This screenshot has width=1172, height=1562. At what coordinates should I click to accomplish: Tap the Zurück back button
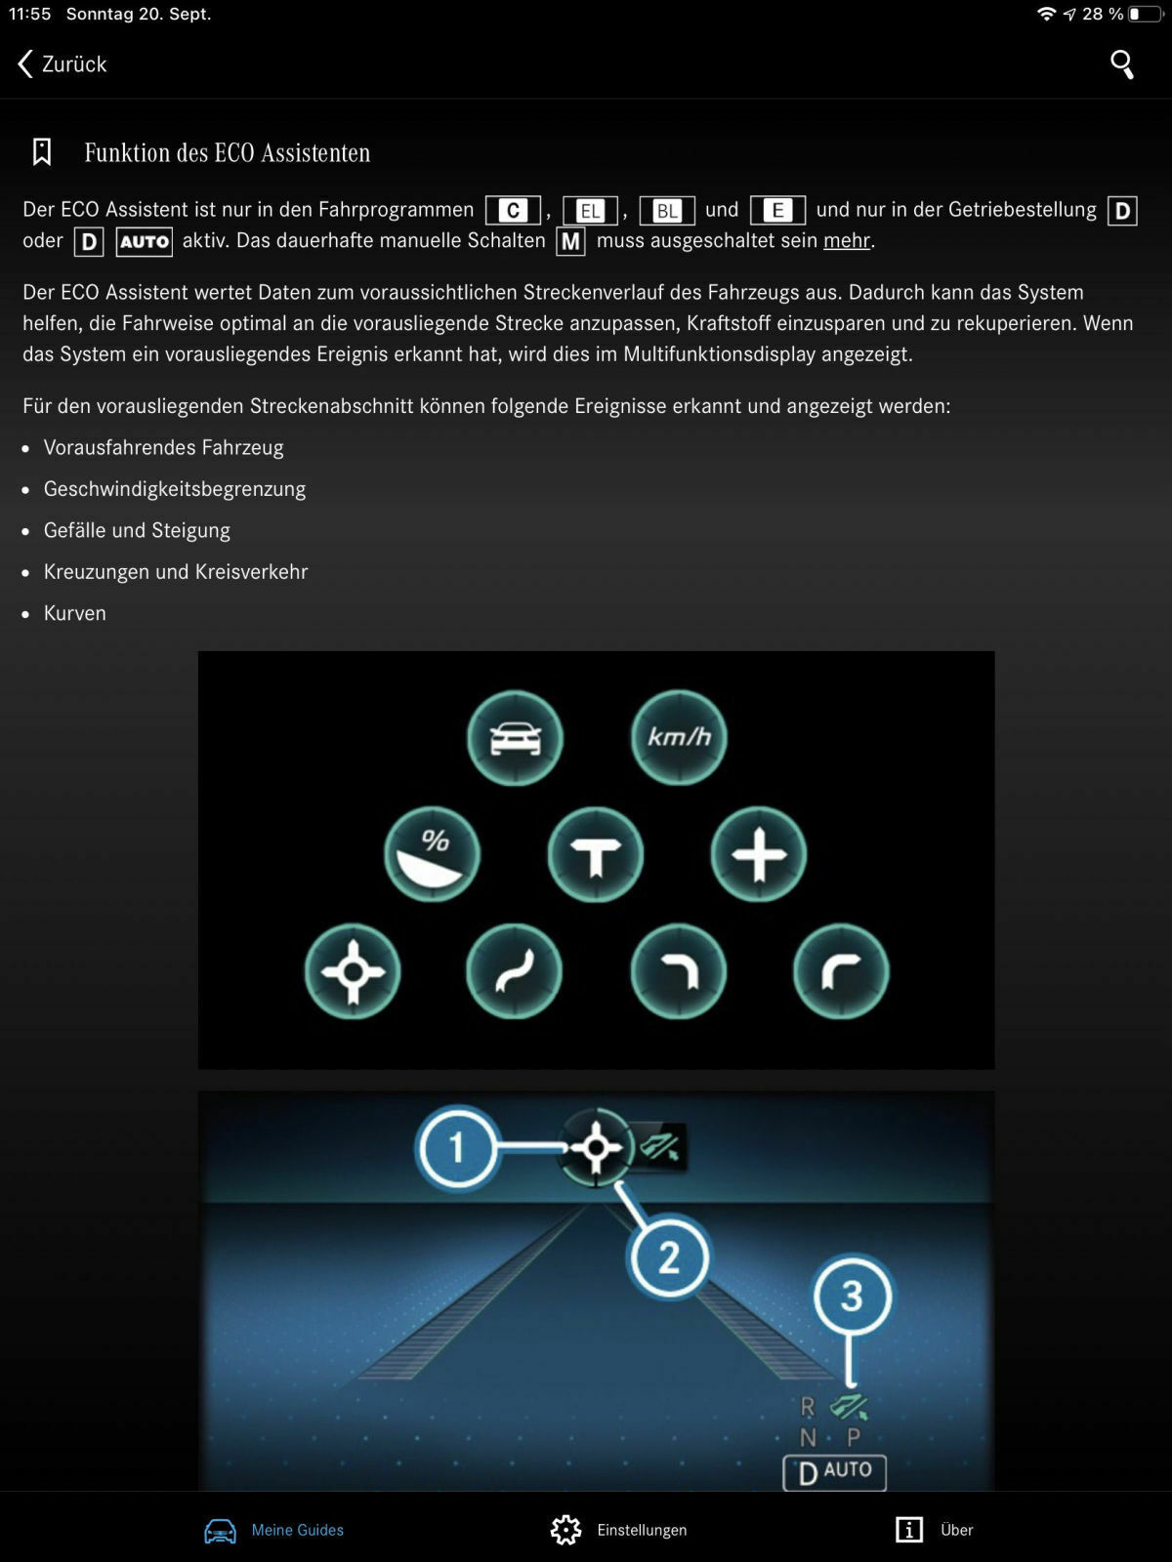63,64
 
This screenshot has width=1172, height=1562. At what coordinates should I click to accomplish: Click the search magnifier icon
1122,64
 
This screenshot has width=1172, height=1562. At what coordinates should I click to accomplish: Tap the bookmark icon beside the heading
42,152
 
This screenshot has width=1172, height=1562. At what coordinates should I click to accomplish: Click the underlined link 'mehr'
846,241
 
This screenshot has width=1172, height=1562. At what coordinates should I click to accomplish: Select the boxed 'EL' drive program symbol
591,211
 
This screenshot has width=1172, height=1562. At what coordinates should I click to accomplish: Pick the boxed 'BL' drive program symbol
667,211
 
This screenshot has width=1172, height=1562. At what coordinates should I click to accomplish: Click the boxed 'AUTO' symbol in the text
145,242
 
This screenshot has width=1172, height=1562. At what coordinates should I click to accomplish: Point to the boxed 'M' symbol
570,241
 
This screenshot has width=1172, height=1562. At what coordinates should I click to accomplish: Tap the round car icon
515,738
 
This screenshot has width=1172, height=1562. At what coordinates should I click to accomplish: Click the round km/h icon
679,738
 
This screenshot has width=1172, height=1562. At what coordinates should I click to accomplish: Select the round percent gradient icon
433,854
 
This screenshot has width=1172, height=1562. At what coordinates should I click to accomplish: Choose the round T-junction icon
596,855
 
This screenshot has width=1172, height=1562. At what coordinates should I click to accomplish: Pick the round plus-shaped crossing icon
759,855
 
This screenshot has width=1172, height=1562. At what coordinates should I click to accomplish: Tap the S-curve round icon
514,972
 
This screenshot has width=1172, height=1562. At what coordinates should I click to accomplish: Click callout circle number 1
456,1147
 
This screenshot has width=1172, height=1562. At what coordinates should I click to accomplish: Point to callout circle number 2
669,1257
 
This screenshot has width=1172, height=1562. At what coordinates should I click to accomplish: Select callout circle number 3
852,1296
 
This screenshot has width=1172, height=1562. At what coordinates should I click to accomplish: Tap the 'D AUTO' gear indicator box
834,1472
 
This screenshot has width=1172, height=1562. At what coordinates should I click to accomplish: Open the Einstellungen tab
619,1530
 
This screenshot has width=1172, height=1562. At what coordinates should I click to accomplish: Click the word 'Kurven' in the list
75,614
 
